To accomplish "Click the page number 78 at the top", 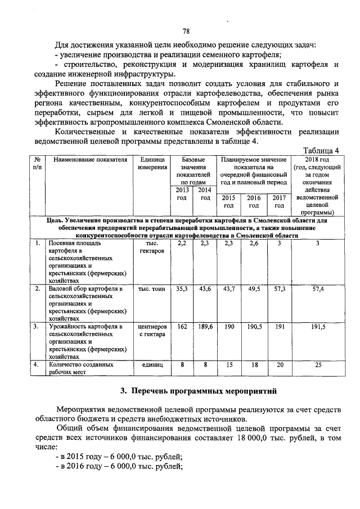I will click(x=187, y=31).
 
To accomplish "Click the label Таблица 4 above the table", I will click(x=321, y=151).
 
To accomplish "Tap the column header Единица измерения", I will click(x=152, y=164).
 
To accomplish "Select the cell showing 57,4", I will click(x=318, y=289).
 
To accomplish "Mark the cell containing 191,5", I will click(x=318, y=327).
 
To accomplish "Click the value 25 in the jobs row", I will click(x=318, y=365).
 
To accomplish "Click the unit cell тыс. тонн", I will click(x=152, y=289).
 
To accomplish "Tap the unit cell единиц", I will click(x=152, y=365).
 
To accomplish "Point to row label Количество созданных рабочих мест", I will click(x=76, y=368).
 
